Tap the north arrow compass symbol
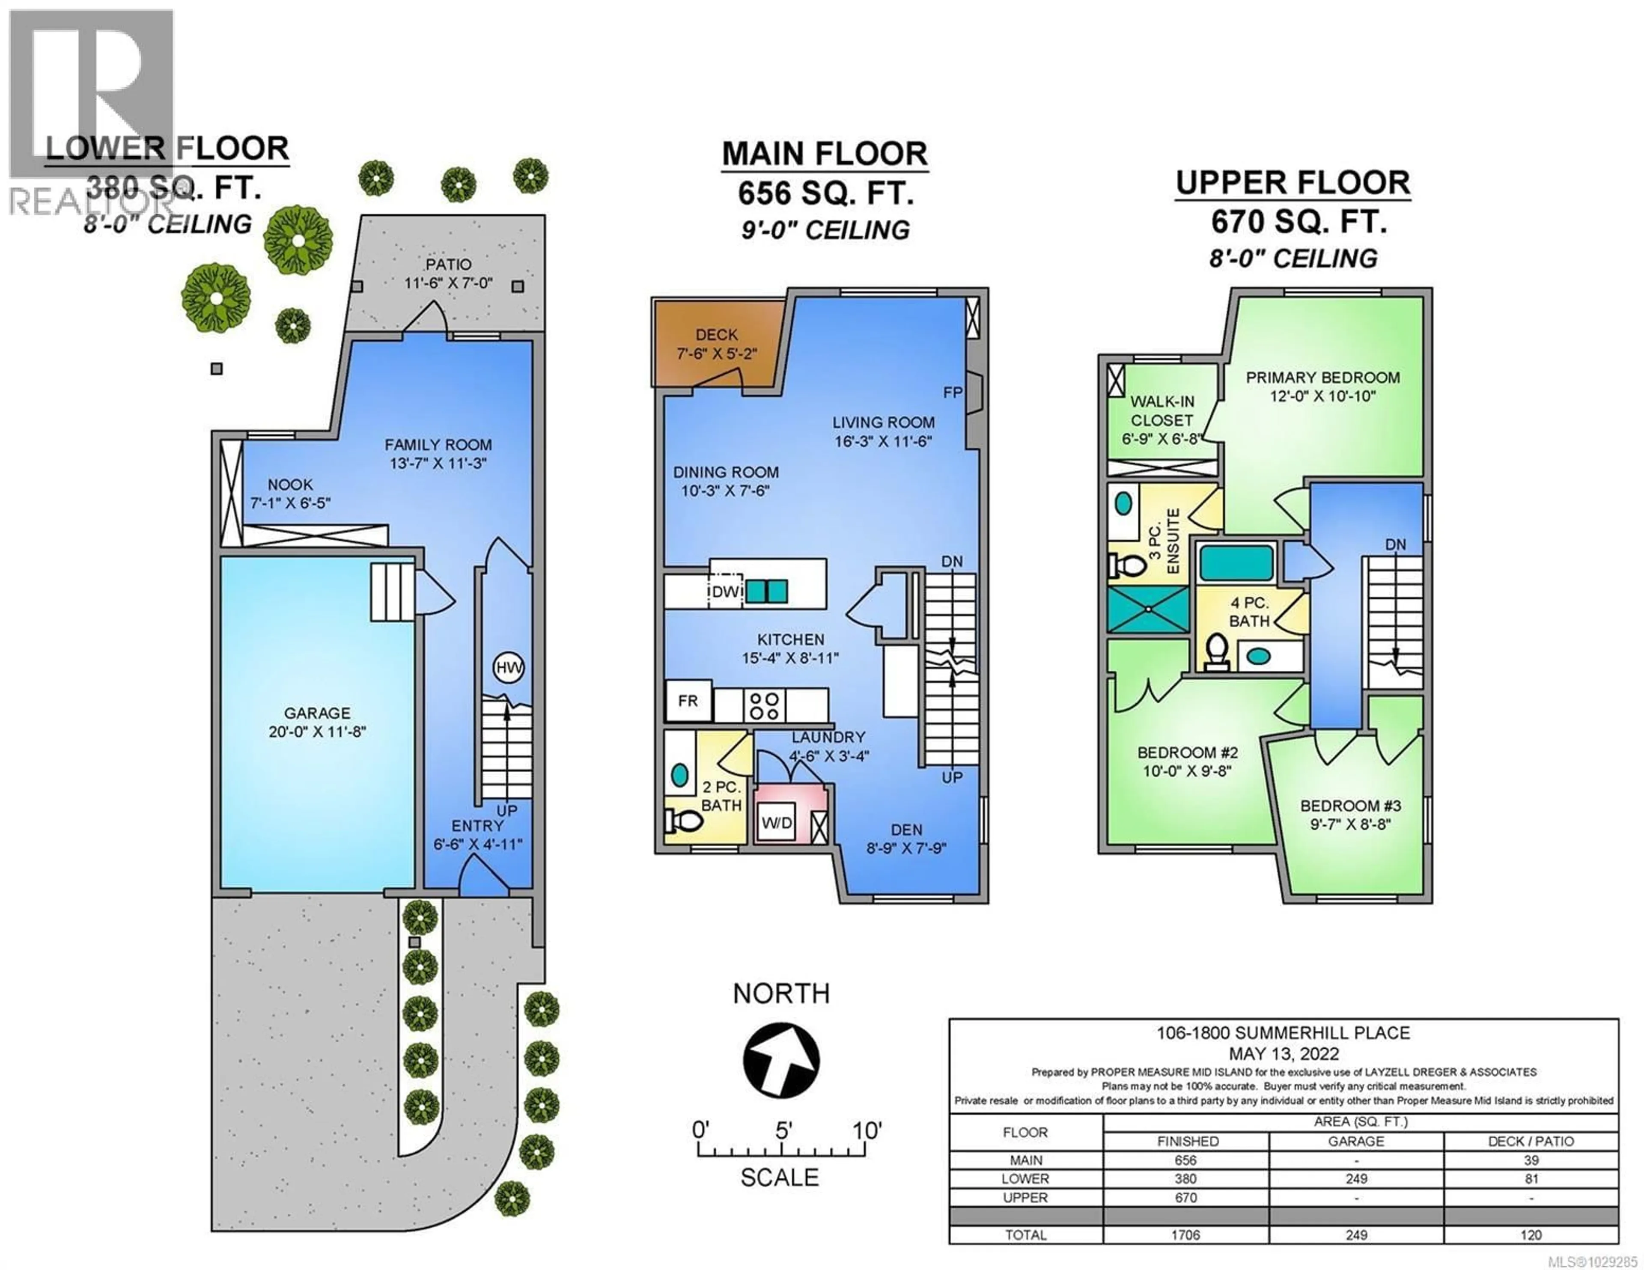click(x=781, y=1060)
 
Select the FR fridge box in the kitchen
click(x=688, y=701)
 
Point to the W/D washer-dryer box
click(x=777, y=823)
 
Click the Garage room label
click(x=317, y=713)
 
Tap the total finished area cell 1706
click(x=1185, y=1234)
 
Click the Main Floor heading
click(x=824, y=155)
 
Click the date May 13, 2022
click(x=1284, y=1053)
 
